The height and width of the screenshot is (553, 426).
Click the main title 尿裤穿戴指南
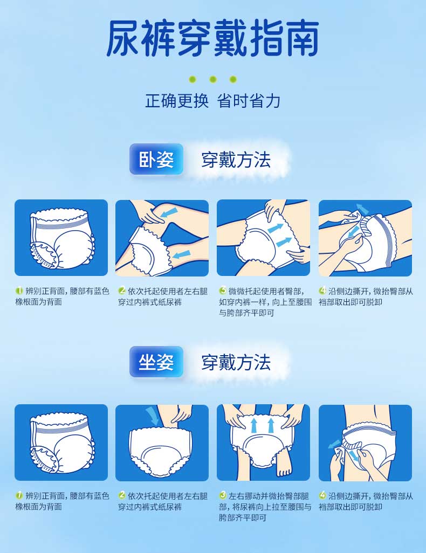[x=213, y=38]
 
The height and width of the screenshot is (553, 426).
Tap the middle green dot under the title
[x=212, y=79]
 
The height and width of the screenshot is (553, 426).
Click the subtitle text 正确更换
[x=177, y=101]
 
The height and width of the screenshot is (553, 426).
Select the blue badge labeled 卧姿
[x=156, y=159]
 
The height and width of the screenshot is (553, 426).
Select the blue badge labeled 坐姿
[x=156, y=362]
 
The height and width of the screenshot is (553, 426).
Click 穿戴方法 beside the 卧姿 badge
[x=236, y=160]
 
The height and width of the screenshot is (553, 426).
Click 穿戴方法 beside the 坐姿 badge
[x=236, y=363]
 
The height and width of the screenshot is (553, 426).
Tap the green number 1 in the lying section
[x=19, y=291]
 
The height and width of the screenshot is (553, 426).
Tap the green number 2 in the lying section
[x=122, y=291]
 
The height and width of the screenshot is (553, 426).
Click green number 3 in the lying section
[x=223, y=291]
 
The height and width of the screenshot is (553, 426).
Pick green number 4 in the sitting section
[x=322, y=495]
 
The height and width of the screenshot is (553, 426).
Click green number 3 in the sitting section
[x=223, y=495]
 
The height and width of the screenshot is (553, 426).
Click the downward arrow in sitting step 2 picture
[x=153, y=416]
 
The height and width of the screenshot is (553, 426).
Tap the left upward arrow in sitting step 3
[x=254, y=425]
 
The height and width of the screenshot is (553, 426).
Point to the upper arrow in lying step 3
[x=276, y=228]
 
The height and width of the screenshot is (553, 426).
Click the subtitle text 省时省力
[x=249, y=101]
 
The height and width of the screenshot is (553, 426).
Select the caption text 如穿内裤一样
[x=242, y=302]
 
